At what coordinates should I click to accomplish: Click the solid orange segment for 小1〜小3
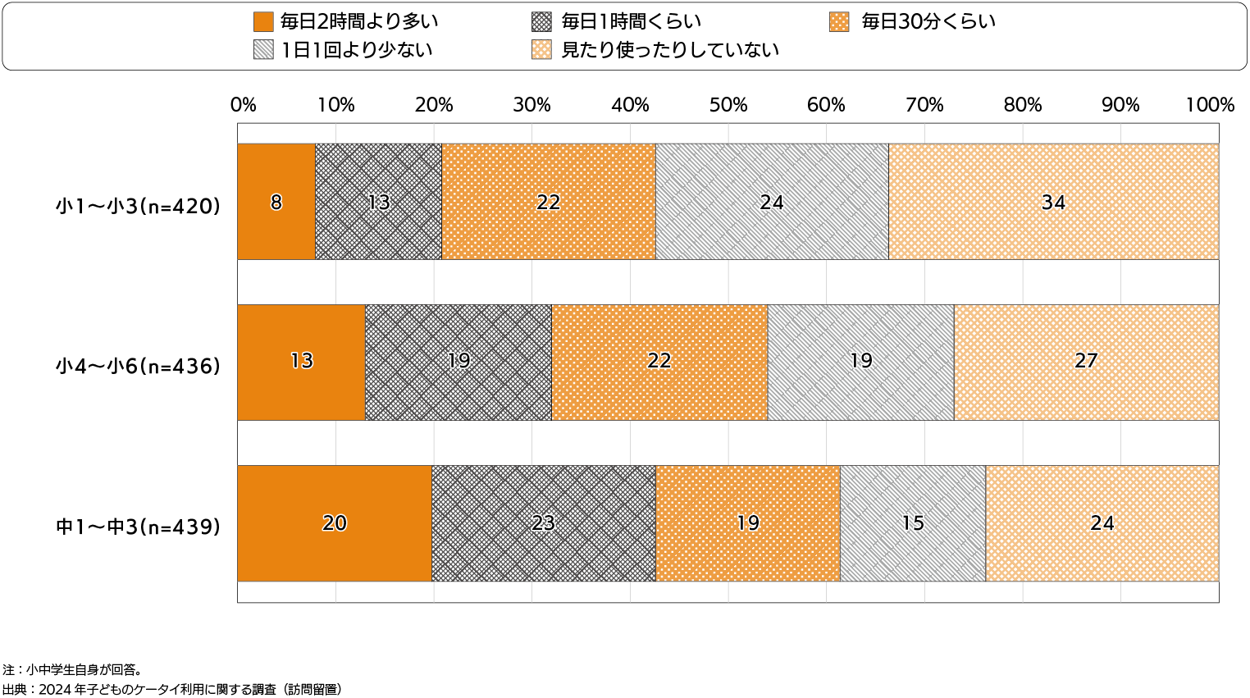pos(276,202)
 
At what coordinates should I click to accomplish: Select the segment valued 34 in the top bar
pos(1053,202)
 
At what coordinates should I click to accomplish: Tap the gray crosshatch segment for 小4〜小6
pos(458,362)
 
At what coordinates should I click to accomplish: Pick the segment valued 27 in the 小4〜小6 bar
pos(1086,362)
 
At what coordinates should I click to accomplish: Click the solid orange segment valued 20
pos(335,523)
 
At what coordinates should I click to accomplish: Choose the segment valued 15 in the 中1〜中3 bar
pos(912,523)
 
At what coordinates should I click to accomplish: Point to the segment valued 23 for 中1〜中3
pos(543,523)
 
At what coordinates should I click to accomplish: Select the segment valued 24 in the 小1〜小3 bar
pos(772,202)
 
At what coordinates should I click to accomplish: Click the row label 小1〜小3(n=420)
pos(138,207)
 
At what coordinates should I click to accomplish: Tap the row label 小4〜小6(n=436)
pos(138,367)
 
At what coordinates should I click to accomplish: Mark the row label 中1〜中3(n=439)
pos(138,527)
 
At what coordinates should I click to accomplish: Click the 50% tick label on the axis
pos(728,105)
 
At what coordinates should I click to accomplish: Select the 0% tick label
pos(244,105)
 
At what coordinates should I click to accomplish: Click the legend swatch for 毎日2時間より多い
pos(263,22)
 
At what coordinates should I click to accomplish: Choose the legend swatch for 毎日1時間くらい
pos(541,22)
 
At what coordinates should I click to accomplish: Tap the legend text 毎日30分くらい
pos(928,22)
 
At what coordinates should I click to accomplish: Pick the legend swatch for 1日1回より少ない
pos(263,50)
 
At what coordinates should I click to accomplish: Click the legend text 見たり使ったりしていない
pos(669,50)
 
